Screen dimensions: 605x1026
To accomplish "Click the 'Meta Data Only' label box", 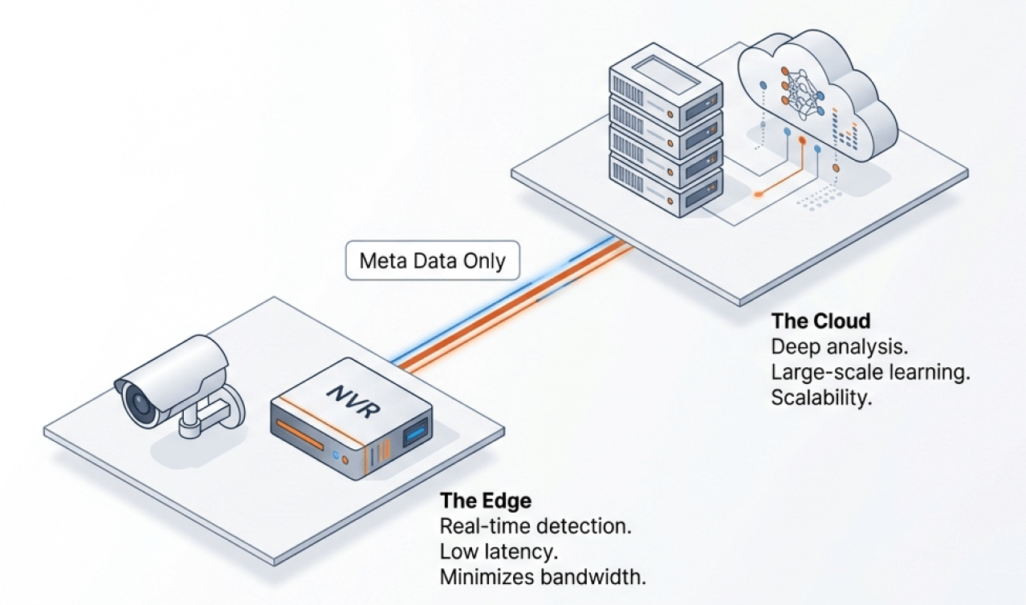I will tap(432, 260).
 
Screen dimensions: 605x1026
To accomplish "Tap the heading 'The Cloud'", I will tap(820, 321).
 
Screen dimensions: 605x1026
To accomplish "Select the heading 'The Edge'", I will tap(485, 501).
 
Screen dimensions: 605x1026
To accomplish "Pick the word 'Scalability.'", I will tap(821, 398).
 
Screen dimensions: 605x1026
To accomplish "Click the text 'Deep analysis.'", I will tap(837, 347).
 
